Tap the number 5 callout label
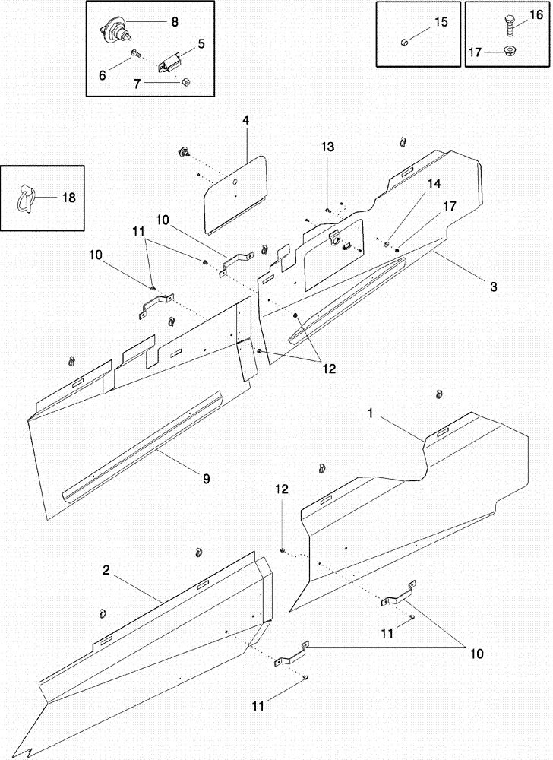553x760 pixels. click(201, 44)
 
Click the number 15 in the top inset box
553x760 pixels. click(441, 24)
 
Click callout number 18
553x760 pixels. click(68, 198)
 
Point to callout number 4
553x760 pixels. click(246, 121)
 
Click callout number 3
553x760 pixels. click(493, 287)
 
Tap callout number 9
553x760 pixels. click(206, 479)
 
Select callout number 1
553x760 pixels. click(370, 414)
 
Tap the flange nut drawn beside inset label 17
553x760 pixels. click(507, 52)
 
